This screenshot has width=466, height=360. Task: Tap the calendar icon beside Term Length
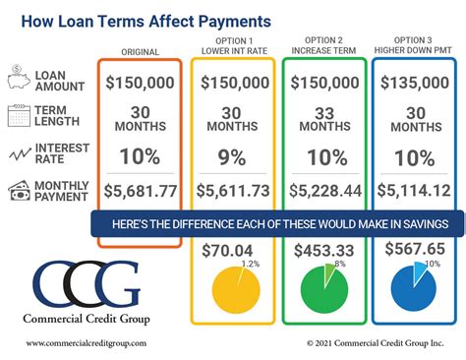pos(21,116)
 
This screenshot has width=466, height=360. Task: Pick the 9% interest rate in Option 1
pos(232,155)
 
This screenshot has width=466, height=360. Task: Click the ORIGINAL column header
pos(140,52)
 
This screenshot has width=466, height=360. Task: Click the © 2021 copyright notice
pos(375,343)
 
